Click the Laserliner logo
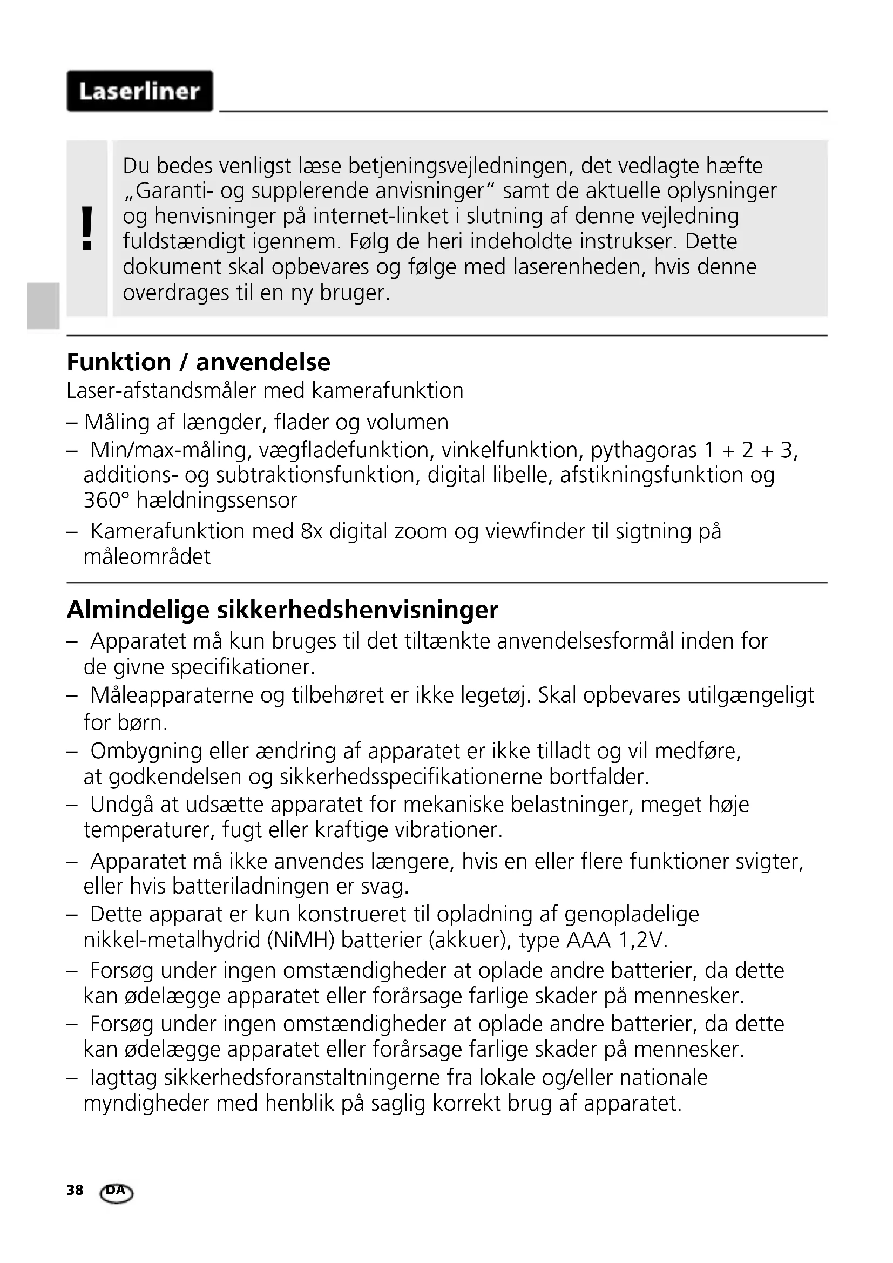tap(140, 91)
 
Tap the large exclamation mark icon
tap(87, 229)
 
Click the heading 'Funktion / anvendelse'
tap(199, 362)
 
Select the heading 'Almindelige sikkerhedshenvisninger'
tap(282, 610)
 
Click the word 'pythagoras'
tap(644, 450)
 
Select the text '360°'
tap(106, 501)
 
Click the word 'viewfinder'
tap(535, 532)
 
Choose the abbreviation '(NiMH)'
tap(301, 941)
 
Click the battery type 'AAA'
tap(588, 941)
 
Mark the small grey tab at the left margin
tap(43, 306)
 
